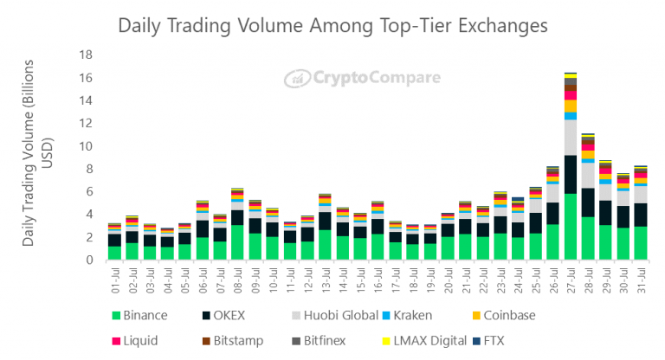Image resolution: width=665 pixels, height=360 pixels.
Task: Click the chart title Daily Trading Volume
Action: [332, 26]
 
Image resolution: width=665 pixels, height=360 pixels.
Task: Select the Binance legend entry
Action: [139, 316]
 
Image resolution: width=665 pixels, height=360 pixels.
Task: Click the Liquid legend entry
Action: [134, 341]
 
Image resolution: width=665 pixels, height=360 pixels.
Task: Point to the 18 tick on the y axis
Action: [86, 54]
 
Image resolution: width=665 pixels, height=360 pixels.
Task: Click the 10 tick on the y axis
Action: [86, 145]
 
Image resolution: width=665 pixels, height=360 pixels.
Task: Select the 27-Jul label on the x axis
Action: [570, 278]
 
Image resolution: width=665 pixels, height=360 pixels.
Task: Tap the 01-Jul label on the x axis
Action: [113, 278]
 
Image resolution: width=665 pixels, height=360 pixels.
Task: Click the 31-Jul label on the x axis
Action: [640, 278]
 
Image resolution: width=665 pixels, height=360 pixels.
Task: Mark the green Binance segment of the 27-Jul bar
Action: [571, 227]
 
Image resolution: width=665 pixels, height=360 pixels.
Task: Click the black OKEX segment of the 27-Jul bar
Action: [571, 174]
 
